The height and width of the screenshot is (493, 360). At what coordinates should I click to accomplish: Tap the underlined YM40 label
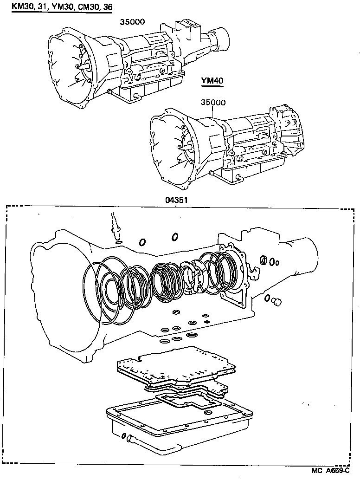coord(212,81)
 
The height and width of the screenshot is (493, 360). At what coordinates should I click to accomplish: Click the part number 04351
coord(176,200)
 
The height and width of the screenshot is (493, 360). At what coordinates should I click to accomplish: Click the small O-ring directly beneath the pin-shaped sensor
coord(119,242)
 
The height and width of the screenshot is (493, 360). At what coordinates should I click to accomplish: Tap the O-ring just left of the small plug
coord(268,298)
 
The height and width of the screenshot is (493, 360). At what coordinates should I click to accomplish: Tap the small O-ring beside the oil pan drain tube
coord(124,435)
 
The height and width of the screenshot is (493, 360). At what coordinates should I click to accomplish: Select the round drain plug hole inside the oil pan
coord(209,413)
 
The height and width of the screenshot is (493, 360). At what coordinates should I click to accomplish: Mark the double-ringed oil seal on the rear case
coord(264,260)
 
